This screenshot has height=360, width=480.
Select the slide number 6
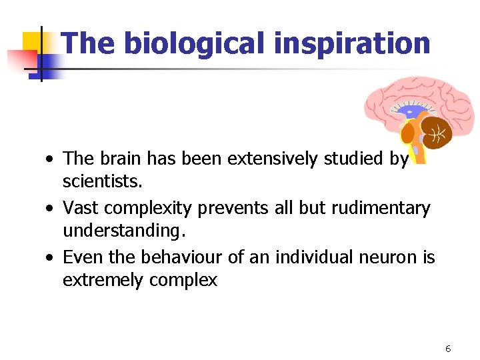pos(448,349)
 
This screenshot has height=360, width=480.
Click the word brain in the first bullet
pos(120,159)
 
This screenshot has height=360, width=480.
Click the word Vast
pos(79,209)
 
